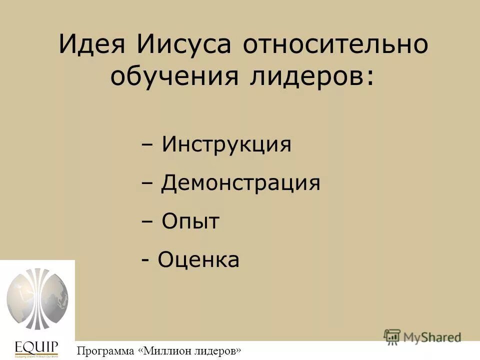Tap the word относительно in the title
tap(335, 45)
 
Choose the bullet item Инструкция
tap(226, 145)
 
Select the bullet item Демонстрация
tap(240, 183)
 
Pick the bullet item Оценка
tap(198, 260)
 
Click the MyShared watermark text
tap(432, 337)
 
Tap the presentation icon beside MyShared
tap(392, 336)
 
